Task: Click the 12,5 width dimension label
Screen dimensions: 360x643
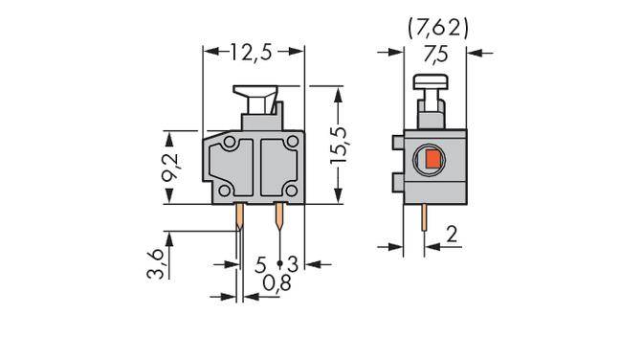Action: pos(253,54)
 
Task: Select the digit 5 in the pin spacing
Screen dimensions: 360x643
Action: pos(261,262)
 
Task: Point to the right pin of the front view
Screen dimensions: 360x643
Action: pos(279,219)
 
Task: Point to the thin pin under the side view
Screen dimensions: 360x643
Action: pos(423,222)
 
